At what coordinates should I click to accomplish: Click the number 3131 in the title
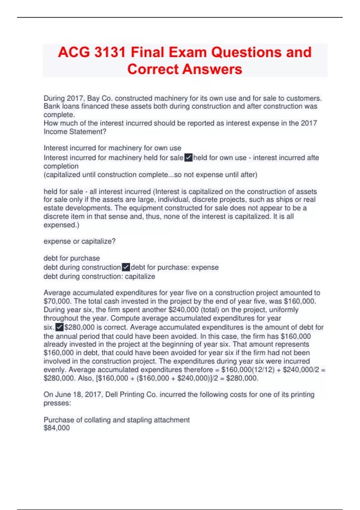pyautogui.click(x=110, y=52)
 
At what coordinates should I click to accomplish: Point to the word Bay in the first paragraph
pyautogui.click(x=93, y=98)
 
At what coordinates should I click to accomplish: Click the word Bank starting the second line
pyautogui.click(x=52, y=106)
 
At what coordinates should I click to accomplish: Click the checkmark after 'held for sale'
pyautogui.click(x=188, y=157)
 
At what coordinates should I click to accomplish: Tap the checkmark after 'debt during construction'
pyautogui.click(x=126, y=267)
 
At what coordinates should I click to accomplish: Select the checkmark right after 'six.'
pyautogui.click(x=59, y=327)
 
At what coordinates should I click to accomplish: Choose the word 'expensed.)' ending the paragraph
pyautogui.click(x=61, y=225)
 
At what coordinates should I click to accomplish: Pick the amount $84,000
pyautogui.click(x=57, y=428)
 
